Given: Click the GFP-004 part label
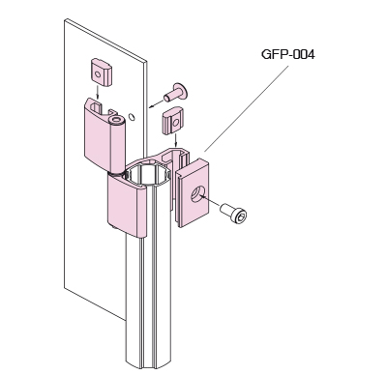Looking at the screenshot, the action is [x=287, y=54].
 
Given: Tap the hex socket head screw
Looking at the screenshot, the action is [x=234, y=213].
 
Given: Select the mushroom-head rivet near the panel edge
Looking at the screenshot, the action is [x=176, y=92].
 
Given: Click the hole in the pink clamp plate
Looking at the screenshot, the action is [x=197, y=195].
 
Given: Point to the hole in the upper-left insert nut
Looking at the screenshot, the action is [x=98, y=75].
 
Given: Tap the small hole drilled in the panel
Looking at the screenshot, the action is [x=132, y=116].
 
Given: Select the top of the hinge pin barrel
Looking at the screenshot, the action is [x=116, y=121].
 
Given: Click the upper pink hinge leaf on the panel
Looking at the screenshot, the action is [x=104, y=135].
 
